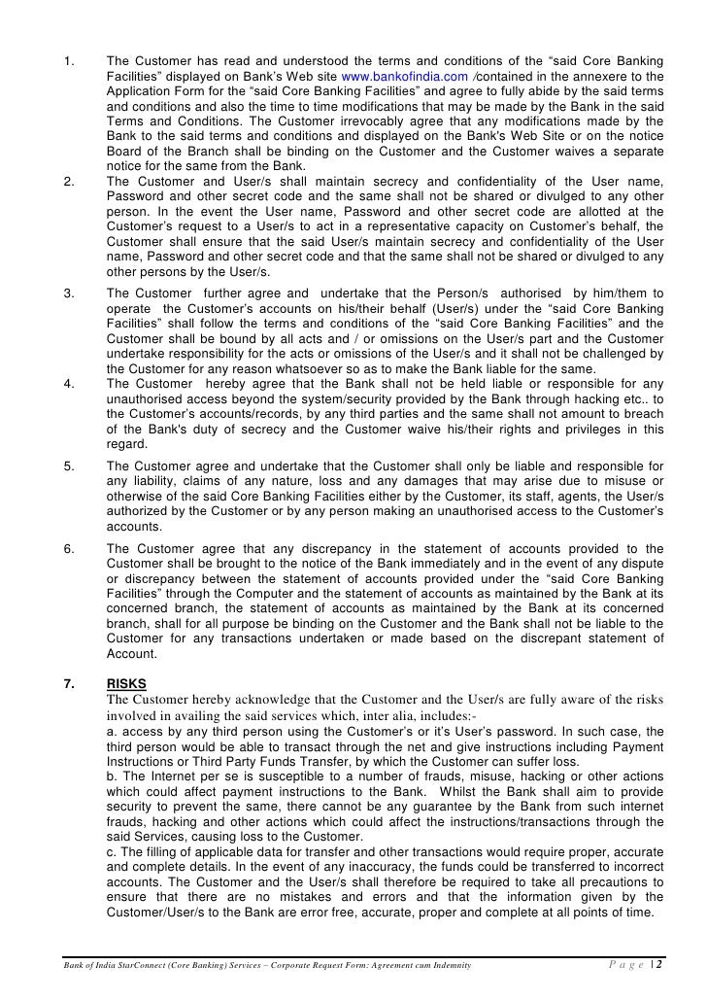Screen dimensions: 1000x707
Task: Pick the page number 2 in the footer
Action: pyautogui.click(x=659, y=964)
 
